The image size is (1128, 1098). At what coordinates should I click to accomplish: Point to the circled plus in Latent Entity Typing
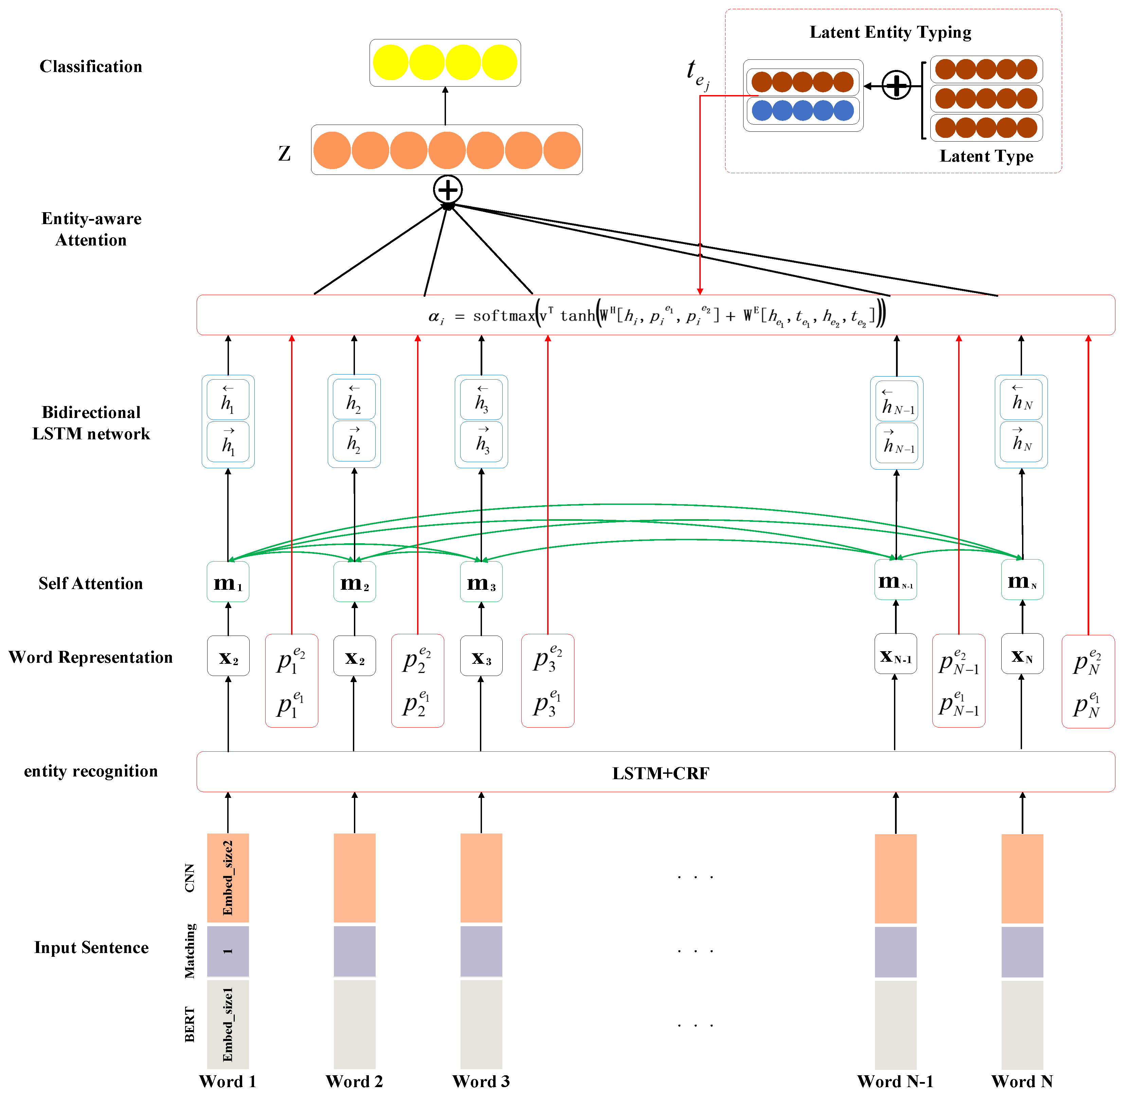(896, 86)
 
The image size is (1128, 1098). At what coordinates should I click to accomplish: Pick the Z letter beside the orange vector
(284, 153)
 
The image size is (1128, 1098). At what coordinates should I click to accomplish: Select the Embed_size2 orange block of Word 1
(228, 877)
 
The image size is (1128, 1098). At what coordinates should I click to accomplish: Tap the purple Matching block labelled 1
(228, 951)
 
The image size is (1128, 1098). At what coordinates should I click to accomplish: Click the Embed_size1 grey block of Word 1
(228, 1024)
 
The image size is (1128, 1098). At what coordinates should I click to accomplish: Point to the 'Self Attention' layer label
(91, 584)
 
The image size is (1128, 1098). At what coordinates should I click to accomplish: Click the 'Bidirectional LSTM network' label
(91, 423)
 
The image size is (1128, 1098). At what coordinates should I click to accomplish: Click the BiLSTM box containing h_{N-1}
(896, 423)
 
